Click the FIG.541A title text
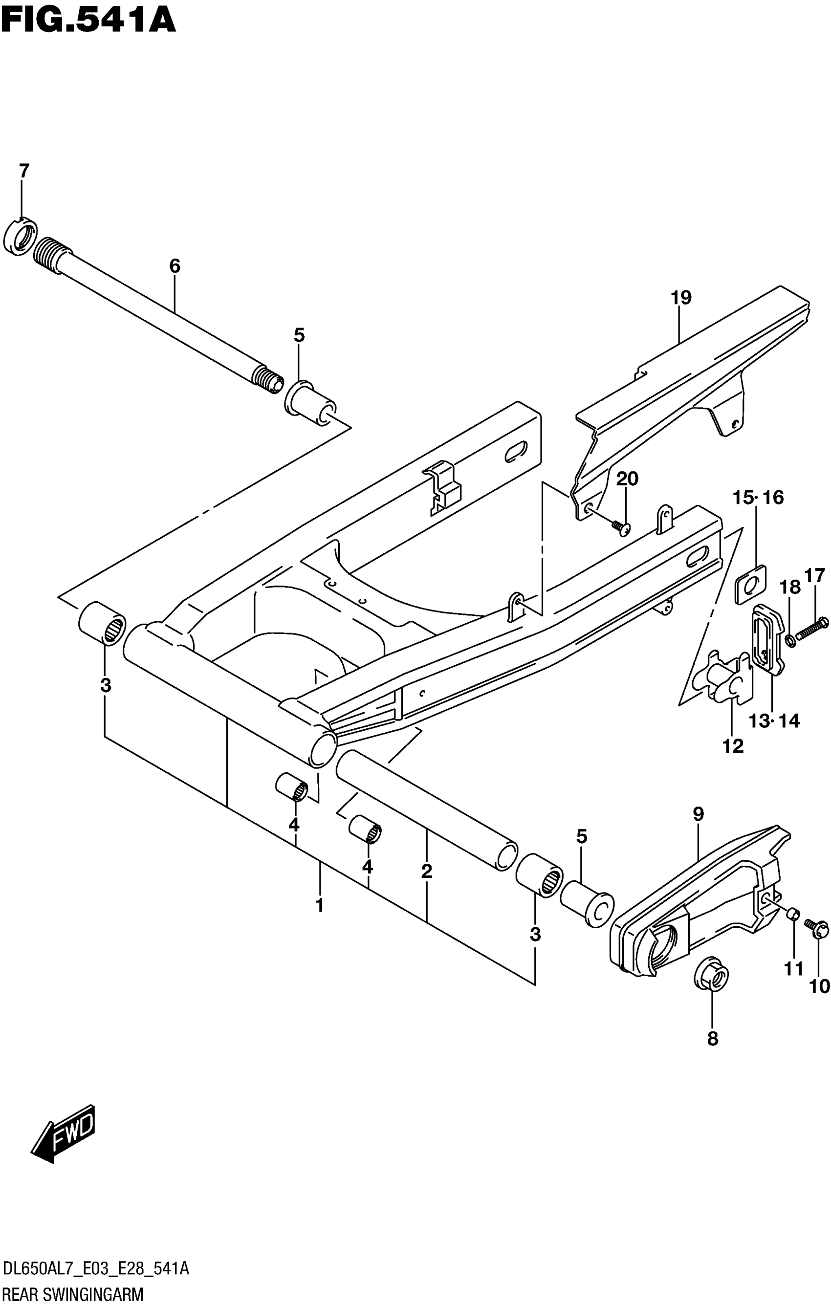click(88, 21)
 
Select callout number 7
click(23, 172)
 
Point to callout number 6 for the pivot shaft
click(174, 266)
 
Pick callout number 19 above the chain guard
click(681, 298)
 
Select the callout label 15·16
click(758, 497)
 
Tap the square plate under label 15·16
click(750, 584)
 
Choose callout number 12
click(732, 746)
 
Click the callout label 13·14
click(773, 721)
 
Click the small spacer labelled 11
click(794, 916)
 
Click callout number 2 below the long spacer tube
click(426, 871)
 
